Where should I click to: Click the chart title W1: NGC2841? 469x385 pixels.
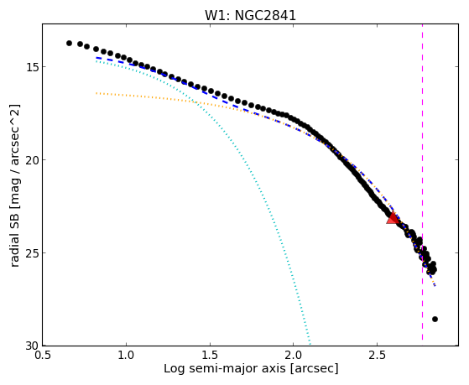pyautogui.click(x=250, y=16)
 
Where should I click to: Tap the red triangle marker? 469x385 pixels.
pyautogui.click(x=393, y=218)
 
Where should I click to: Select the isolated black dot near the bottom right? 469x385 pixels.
pyautogui.click(x=435, y=320)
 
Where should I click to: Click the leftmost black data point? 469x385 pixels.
pyautogui.click(x=69, y=43)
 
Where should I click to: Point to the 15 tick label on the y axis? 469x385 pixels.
pyautogui.click(x=31, y=67)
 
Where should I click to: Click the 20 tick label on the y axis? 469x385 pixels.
pyautogui.click(x=31, y=159)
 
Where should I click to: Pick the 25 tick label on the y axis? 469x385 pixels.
pyautogui.click(x=31, y=252)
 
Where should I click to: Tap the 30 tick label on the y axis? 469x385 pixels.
pyautogui.click(x=31, y=346)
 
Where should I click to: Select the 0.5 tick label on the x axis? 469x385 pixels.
pyautogui.click(x=42, y=355)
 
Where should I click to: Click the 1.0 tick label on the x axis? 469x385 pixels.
pyautogui.click(x=126, y=355)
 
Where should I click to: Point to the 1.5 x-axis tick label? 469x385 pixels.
pyautogui.click(x=210, y=355)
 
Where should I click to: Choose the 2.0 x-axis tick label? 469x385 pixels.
pyautogui.click(x=294, y=355)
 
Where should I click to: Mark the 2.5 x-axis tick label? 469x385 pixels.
pyautogui.click(x=378, y=355)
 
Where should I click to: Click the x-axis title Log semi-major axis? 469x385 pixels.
pyautogui.click(x=224, y=368)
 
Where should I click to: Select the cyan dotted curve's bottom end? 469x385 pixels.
pyautogui.click(x=310, y=343)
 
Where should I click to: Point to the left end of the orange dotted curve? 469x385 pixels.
pyautogui.click(x=96, y=93)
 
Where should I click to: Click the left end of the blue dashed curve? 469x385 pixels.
pyautogui.click(x=96, y=58)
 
